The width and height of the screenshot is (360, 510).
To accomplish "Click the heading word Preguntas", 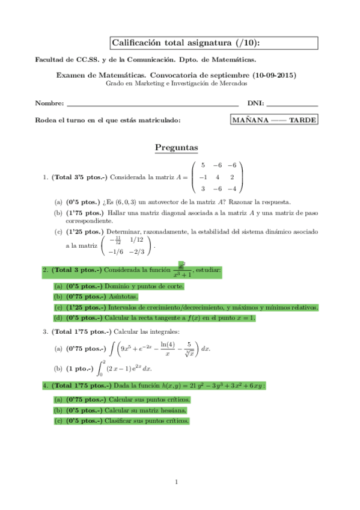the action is click(x=176, y=147).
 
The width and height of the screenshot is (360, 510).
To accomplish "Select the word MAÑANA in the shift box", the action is click(x=251, y=120).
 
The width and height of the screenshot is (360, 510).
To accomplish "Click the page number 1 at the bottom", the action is click(x=177, y=482).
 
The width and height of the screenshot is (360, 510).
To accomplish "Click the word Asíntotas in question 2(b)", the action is click(x=123, y=297).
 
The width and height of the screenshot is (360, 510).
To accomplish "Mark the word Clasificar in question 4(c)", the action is click(x=122, y=420).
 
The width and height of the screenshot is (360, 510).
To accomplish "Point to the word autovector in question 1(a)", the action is click(x=174, y=202).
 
